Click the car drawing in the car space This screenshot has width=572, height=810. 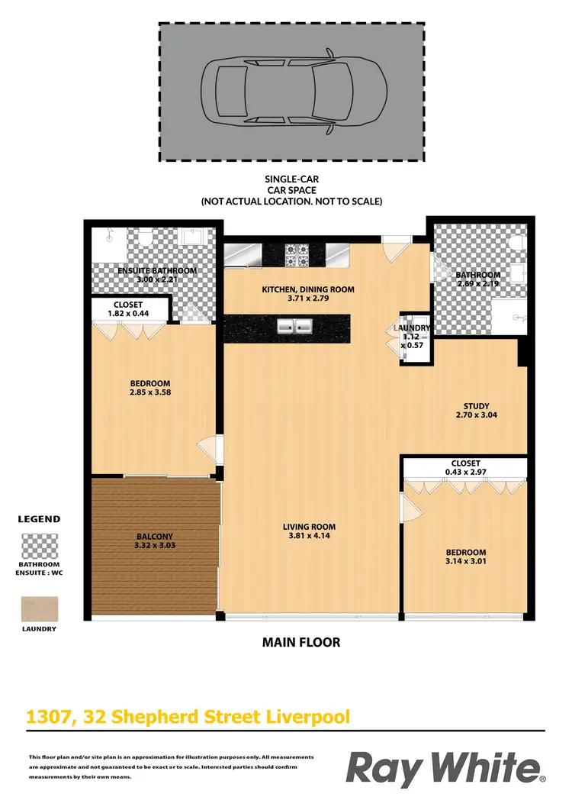click(x=291, y=92)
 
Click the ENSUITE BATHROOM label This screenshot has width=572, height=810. click(x=156, y=270)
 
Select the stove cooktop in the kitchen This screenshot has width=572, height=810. click(x=296, y=255)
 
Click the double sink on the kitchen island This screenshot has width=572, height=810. click(x=295, y=328)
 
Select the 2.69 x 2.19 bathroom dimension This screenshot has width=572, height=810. click(x=478, y=285)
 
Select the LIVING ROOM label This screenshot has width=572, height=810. click(x=309, y=527)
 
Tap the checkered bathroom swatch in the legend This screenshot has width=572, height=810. click(x=39, y=546)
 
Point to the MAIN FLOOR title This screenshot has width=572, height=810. click(x=301, y=642)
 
